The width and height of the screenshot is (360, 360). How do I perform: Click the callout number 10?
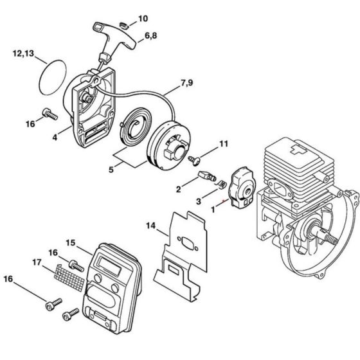tap(143, 18)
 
